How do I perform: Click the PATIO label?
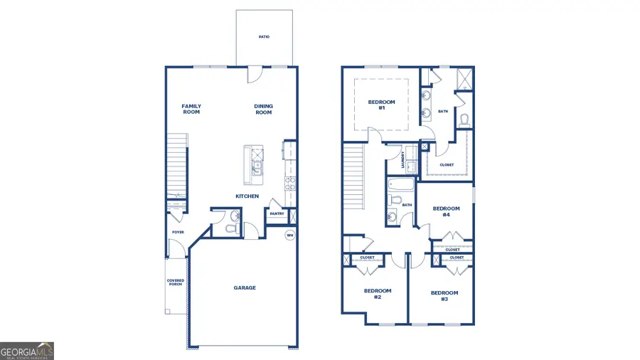(264, 37)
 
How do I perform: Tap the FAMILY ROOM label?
(191, 109)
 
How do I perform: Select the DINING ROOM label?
(264, 109)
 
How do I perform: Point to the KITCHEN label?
(247, 196)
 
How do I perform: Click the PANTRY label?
(277, 213)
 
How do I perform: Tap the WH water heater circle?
(290, 235)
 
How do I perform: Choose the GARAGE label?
(245, 288)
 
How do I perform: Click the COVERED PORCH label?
(176, 282)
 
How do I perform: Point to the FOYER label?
(177, 232)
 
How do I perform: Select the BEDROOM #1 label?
(381, 105)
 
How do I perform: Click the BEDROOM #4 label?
(447, 211)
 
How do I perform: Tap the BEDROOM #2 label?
(378, 293)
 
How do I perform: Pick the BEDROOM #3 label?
(444, 295)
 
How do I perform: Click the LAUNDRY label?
(403, 159)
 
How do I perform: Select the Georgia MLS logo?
(27, 351)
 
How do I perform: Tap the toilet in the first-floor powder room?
(230, 229)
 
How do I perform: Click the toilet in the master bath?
(464, 119)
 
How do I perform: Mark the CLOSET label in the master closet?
(447, 165)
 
